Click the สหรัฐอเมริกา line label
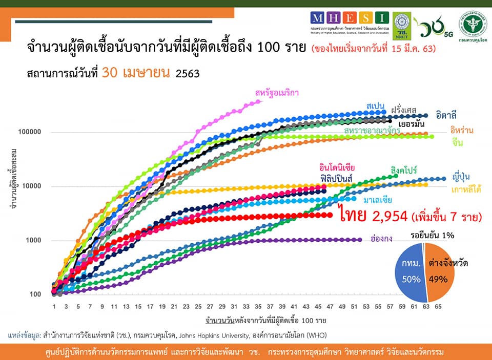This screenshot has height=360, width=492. coord(277,93)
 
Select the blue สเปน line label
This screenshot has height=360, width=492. coord(376,106)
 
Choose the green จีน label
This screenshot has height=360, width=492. coord(458,143)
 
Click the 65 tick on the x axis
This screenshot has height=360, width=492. coord(438,306)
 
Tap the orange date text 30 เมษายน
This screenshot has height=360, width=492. coord(136,73)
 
